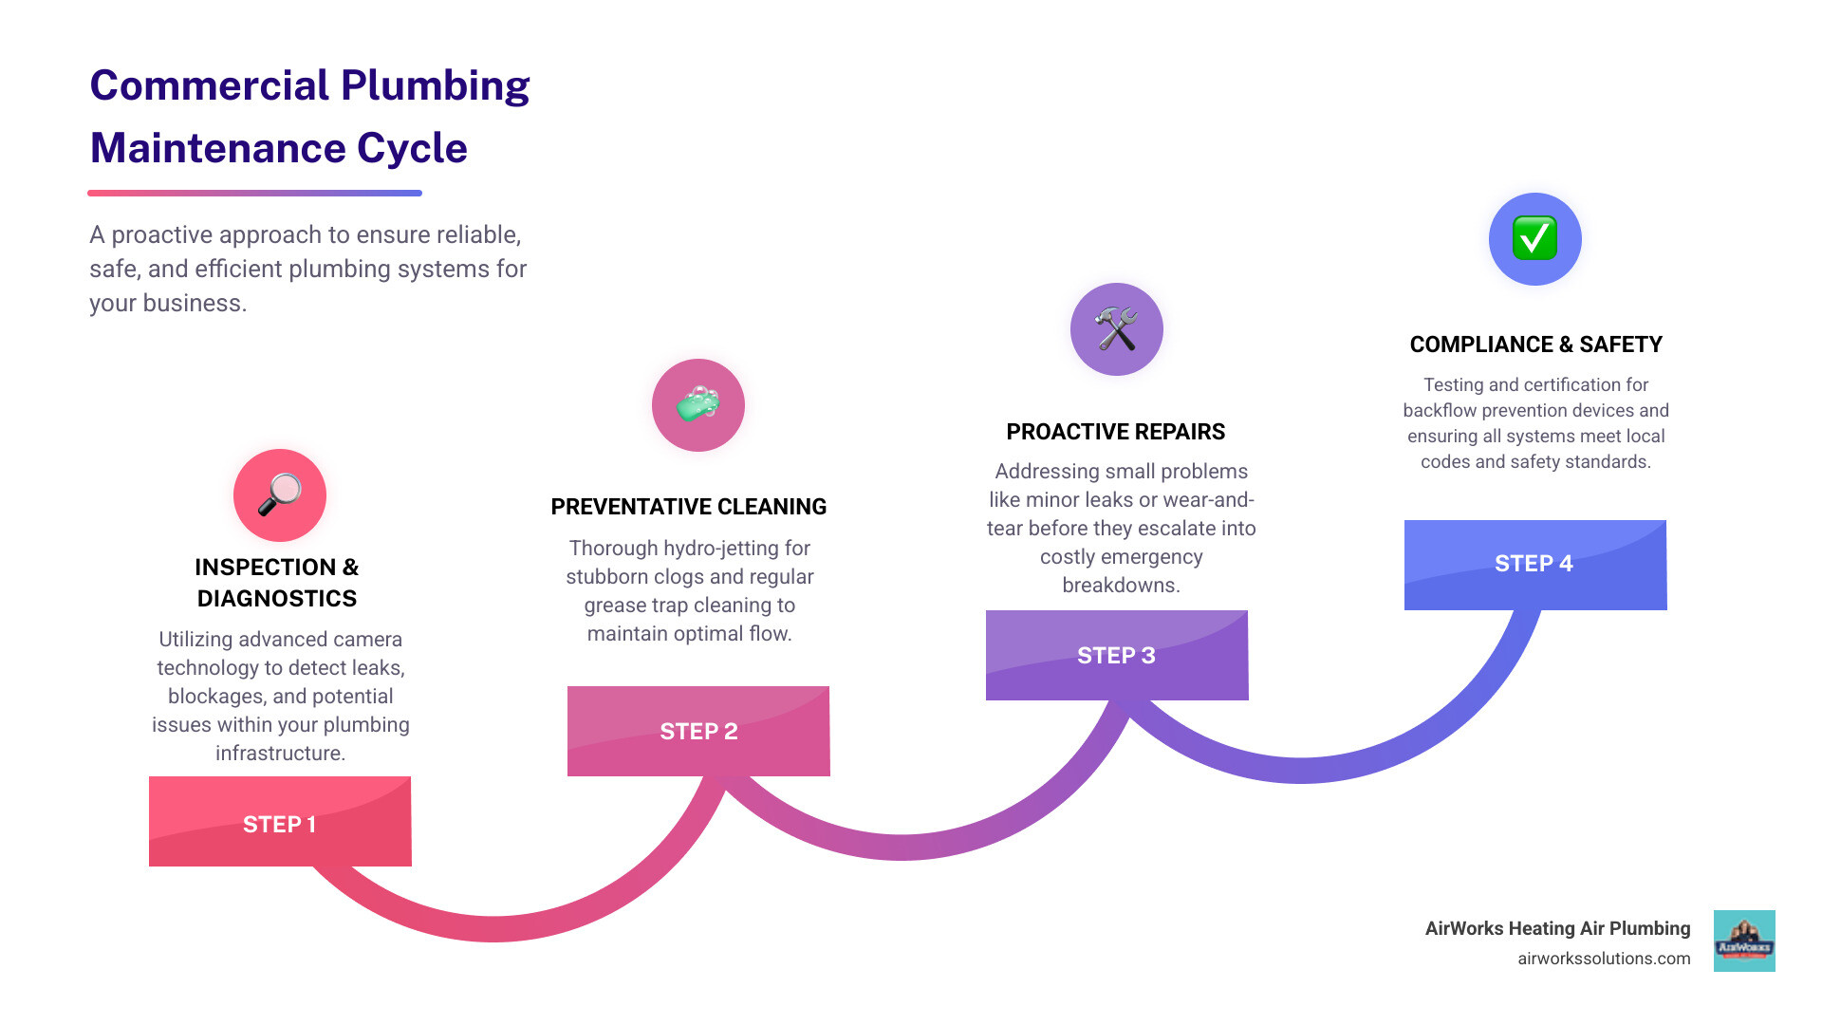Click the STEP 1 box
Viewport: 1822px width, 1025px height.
pyautogui.click(x=280, y=822)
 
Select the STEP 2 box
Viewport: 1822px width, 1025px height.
pyautogui.click(x=698, y=731)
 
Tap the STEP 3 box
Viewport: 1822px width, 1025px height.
pyautogui.click(x=1117, y=655)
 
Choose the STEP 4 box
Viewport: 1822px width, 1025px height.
pyautogui.click(x=1534, y=564)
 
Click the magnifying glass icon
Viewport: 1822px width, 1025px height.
pyautogui.click(x=280, y=494)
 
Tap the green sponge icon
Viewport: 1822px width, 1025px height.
pyautogui.click(x=698, y=405)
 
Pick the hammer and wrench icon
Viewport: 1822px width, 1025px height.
pyautogui.click(x=1116, y=329)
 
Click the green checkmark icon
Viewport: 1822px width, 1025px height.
pyautogui.click(x=1534, y=238)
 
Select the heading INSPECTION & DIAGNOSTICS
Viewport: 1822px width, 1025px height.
pyautogui.click(x=277, y=582)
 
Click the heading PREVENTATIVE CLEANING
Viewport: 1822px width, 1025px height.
pyautogui.click(x=688, y=507)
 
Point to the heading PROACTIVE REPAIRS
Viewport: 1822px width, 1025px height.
pyautogui.click(x=1115, y=432)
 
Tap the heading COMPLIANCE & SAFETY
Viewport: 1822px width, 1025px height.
pyautogui.click(x=1535, y=345)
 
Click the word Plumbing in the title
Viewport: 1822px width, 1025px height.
pyautogui.click(x=435, y=85)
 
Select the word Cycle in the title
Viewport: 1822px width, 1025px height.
pyautogui.click(x=412, y=148)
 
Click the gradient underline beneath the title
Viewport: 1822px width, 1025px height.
pyautogui.click(x=254, y=193)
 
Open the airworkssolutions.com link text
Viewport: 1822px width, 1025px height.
pyautogui.click(x=1604, y=959)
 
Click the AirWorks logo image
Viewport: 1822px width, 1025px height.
pyautogui.click(x=1744, y=941)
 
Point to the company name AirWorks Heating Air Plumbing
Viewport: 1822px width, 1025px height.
pyautogui.click(x=1557, y=928)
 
